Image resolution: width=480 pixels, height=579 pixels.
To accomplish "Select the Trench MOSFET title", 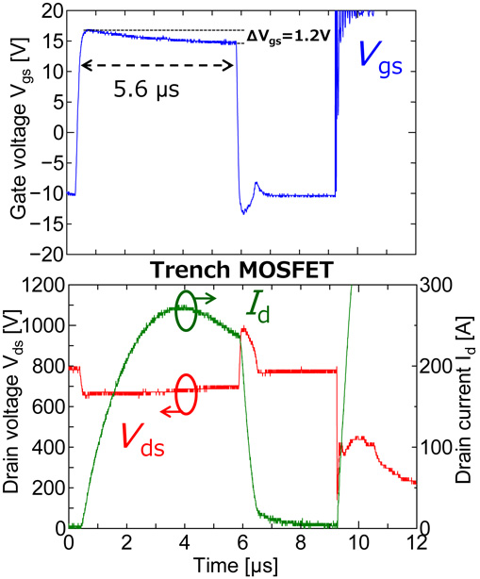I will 240,271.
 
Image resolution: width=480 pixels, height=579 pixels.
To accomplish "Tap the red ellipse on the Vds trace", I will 186,393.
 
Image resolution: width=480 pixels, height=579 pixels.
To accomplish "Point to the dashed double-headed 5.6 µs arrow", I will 157,66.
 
